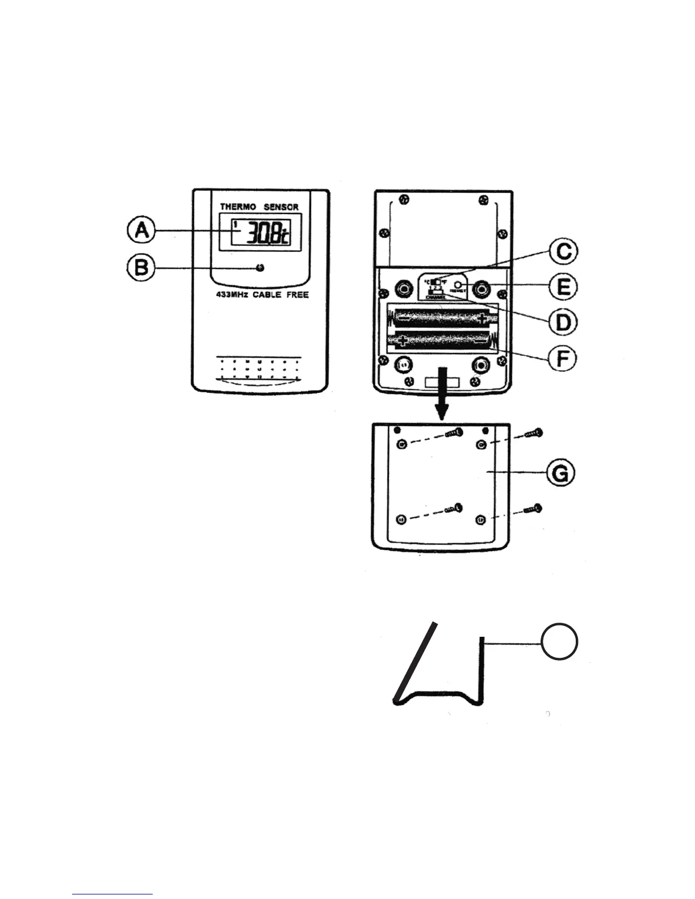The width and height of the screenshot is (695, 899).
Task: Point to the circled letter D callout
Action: (x=562, y=322)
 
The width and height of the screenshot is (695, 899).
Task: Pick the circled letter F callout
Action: (x=562, y=358)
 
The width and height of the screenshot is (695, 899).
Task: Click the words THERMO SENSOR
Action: (x=259, y=207)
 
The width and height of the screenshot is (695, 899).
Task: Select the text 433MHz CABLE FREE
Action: (x=258, y=295)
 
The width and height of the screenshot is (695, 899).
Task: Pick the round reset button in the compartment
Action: (x=458, y=283)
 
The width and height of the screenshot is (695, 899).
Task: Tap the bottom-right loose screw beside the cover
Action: (x=532, y=509)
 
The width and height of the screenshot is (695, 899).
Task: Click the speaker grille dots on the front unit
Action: (x=259, y=368)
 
